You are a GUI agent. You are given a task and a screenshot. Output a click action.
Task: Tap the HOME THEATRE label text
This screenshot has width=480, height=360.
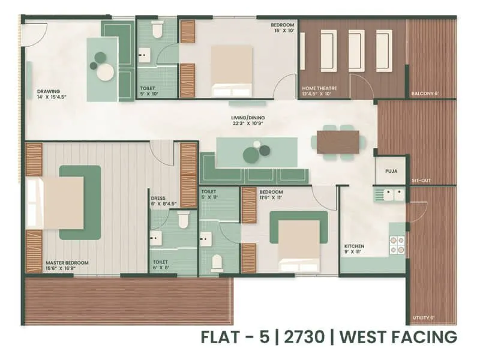[x=319, y=89]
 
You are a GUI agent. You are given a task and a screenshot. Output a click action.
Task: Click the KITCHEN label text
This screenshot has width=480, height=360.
[x=354, y=247]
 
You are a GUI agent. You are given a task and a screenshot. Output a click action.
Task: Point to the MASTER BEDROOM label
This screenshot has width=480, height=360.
[x=67, y=263]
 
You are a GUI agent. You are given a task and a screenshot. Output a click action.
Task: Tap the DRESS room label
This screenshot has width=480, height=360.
[x=158, y=197]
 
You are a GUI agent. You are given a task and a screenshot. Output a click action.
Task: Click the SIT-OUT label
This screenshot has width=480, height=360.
[x=421, y=180]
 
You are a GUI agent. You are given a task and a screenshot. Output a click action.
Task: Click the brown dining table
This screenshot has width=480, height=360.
[x=338, y=142]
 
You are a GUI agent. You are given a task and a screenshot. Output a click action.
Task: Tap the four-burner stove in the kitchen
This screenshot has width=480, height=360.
[x=397, y=244]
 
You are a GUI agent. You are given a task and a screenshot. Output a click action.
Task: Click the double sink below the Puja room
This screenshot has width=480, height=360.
[x=389, y=194]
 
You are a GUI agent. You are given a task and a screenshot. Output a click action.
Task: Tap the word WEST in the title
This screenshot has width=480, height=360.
[x=365, y=337]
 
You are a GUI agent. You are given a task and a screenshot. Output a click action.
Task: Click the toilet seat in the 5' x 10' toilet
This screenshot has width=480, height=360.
[x=157, y=29]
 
